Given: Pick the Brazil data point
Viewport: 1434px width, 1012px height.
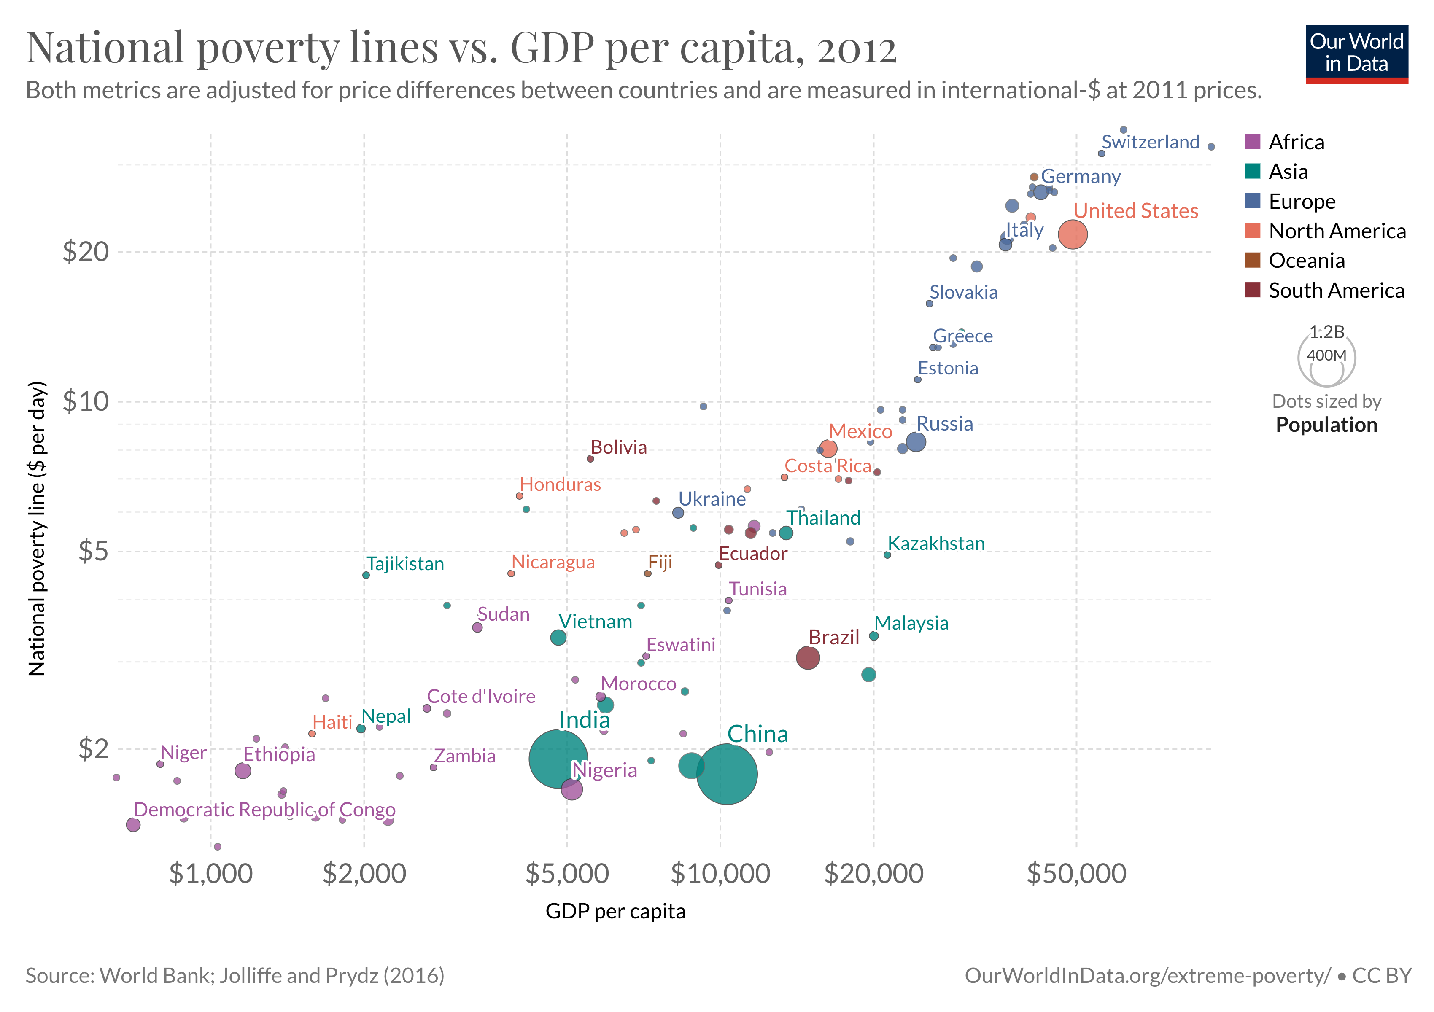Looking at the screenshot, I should [x=808, y=657].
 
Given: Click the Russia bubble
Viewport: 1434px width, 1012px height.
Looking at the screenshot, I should [x=916, y=442].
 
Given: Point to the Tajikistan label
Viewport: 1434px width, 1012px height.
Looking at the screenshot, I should [x=405, y=564].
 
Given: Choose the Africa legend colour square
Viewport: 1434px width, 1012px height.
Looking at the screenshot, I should [x=1252, y=142].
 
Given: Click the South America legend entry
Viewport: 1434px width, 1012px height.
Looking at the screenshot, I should [x=1336, y=290].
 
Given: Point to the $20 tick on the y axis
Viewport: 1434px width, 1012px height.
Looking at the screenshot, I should [x=86, y=252].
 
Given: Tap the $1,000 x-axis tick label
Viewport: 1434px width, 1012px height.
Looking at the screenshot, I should [x=210, y=873].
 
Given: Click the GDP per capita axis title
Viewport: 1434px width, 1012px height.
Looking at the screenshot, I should [x=615, y=912].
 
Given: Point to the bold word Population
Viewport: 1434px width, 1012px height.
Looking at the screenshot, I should [x=1326, y=425].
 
